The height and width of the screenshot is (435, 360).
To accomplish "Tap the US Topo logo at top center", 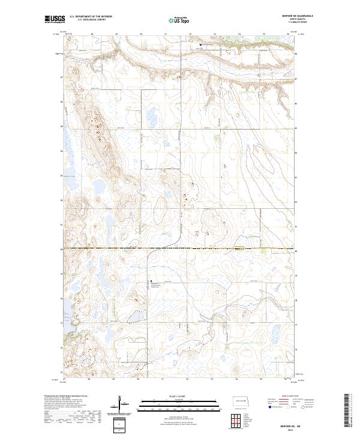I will (x=180, y=19).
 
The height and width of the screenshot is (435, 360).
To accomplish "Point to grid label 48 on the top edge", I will (x=92, y=34).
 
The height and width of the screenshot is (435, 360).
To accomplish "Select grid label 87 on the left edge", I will (x=61, y=77).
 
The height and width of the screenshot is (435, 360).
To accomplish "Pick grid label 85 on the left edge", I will (x=61, y=127).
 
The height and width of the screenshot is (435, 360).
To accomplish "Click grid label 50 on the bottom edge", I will (x=139, y=379).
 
